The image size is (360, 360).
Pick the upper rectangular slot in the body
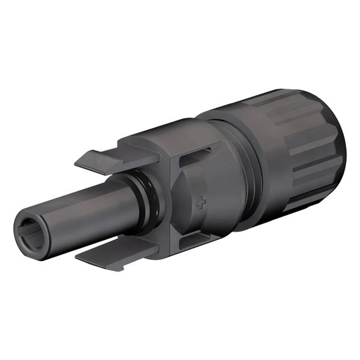tap(196, 158)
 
